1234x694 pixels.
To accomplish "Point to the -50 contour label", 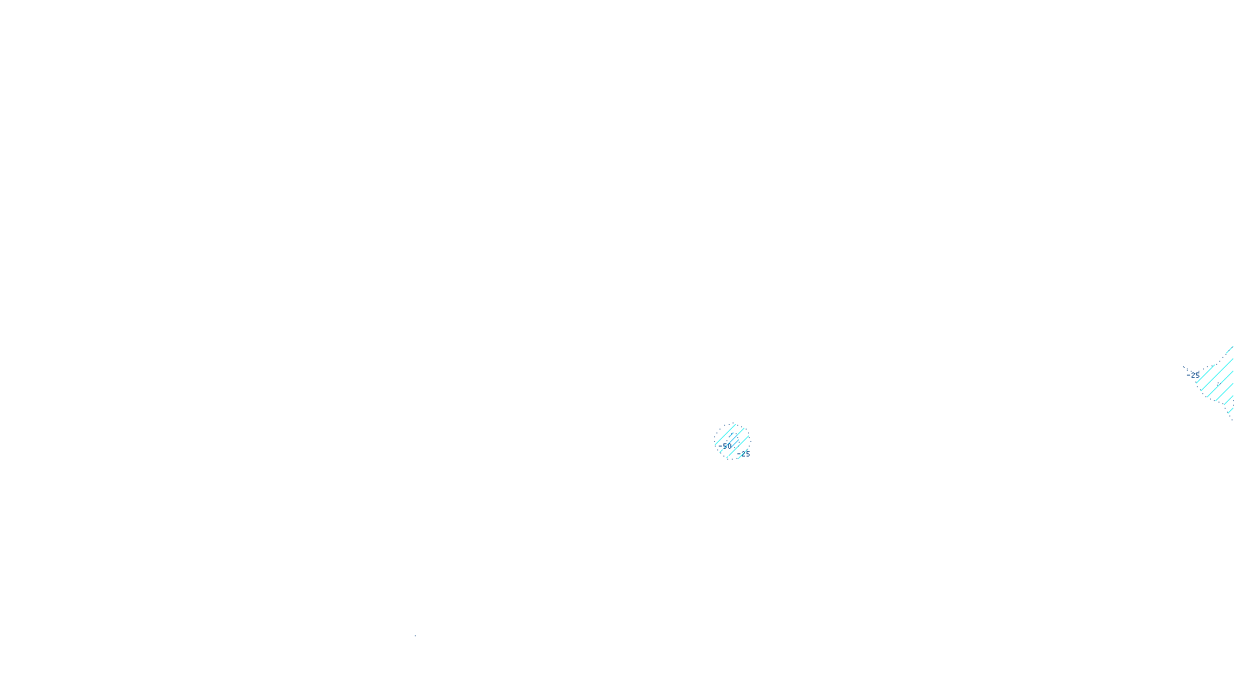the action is coord(725,446).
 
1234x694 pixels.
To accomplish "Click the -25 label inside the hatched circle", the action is coord(743,454).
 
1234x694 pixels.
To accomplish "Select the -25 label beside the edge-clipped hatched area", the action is coord(1193,376).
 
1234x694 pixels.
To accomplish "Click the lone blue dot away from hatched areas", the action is coord(415,636).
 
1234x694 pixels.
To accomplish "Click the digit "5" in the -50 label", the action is coord(724,446).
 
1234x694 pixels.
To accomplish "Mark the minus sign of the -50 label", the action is coord(720,446).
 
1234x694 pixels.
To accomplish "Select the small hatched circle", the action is coord(732,440).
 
